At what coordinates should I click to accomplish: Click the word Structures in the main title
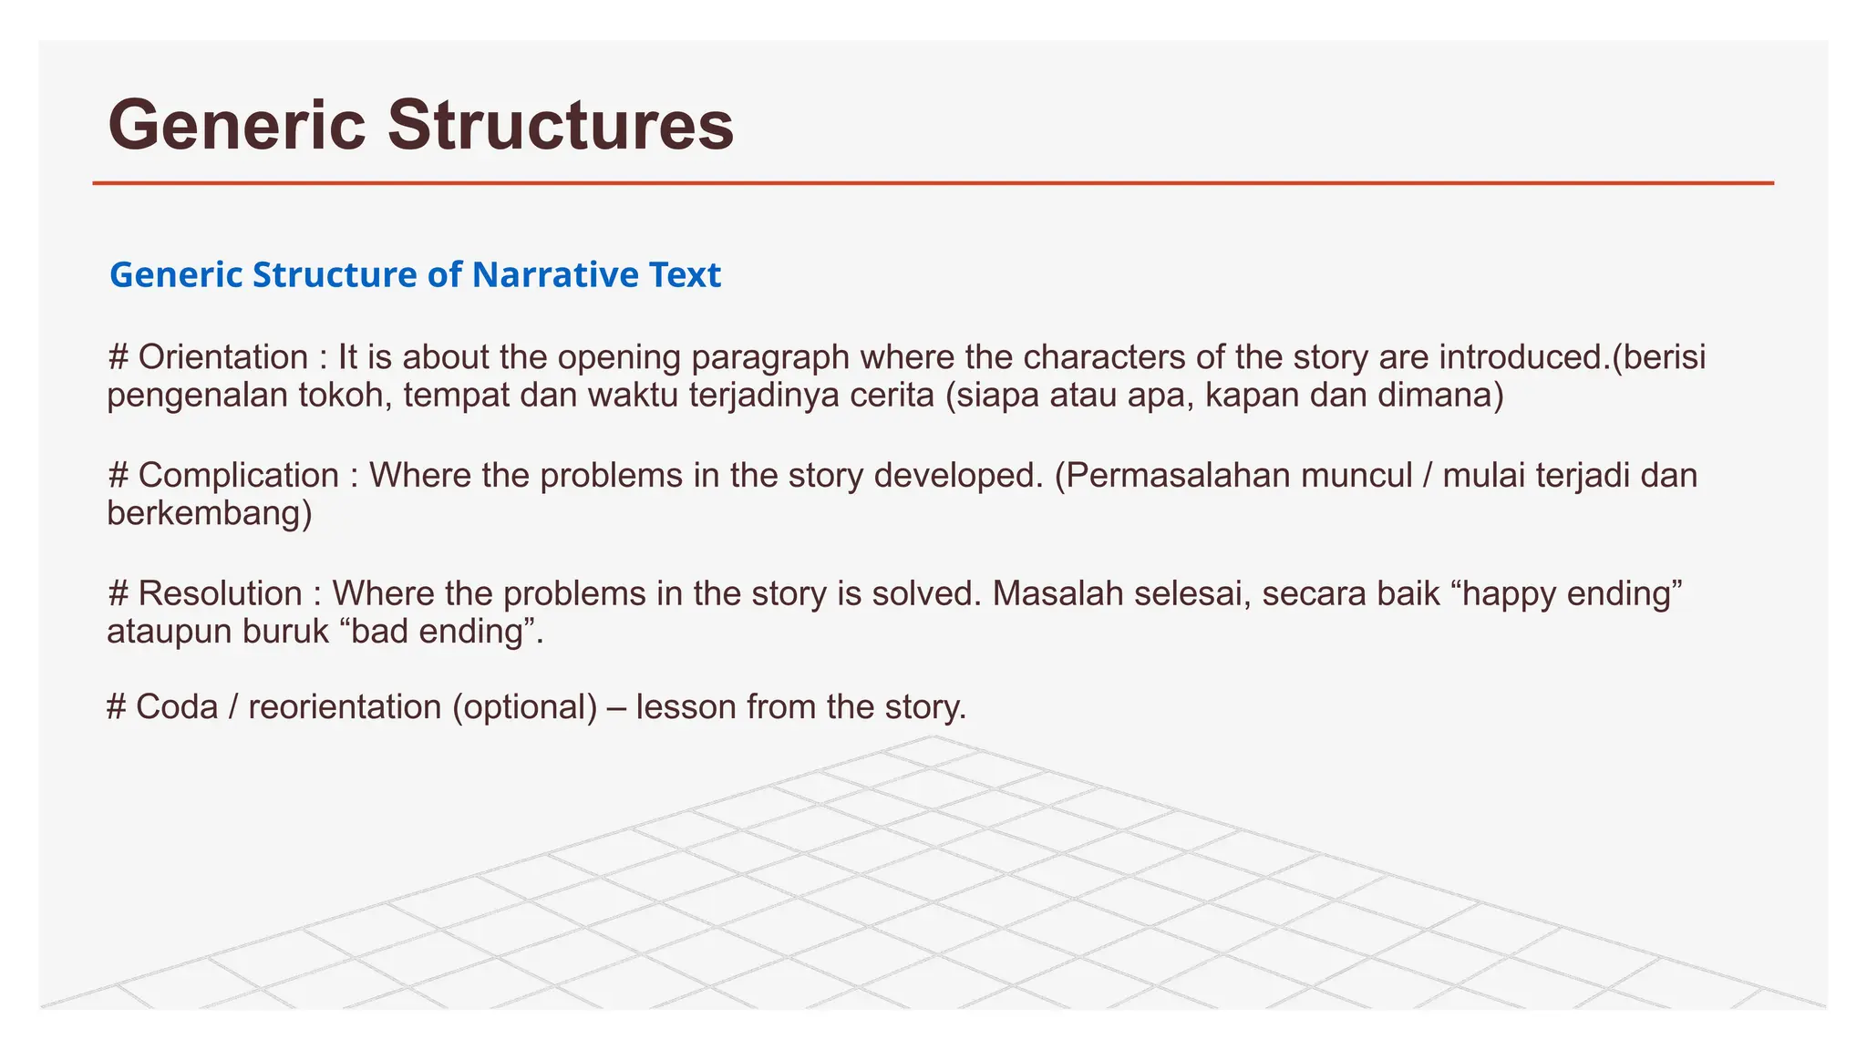(560, 125)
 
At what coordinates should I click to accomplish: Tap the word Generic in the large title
(236, 125)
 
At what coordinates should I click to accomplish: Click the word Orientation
(223, 356)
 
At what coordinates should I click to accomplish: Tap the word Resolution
(220, 593)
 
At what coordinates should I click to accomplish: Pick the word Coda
(177, 706)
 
